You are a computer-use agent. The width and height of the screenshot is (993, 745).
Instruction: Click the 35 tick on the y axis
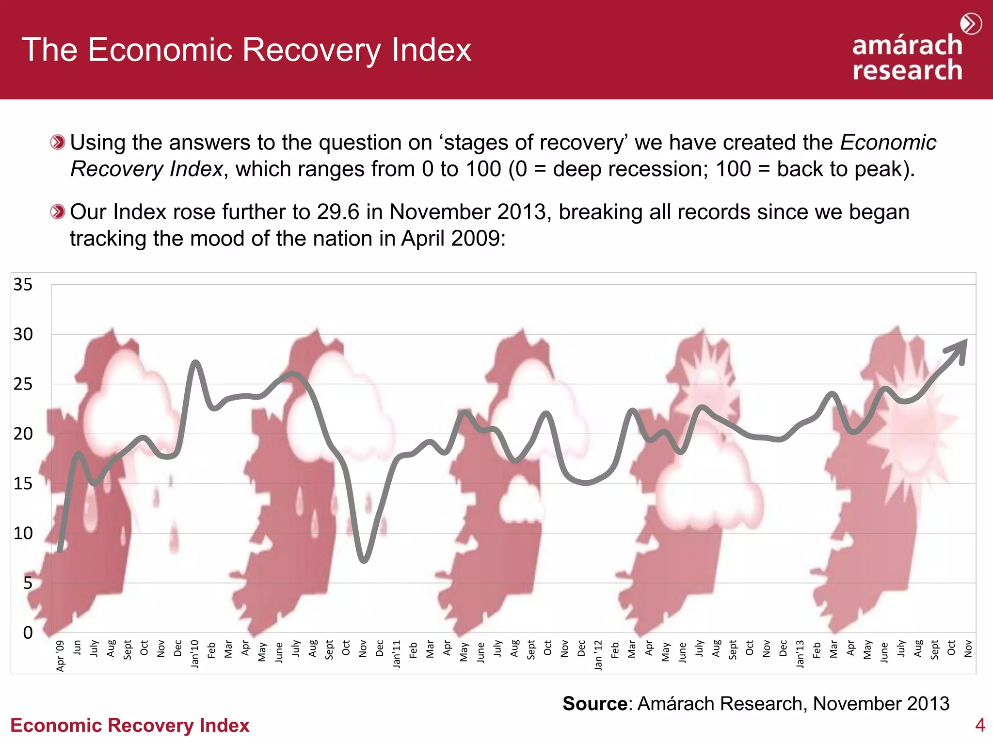pos(23,285)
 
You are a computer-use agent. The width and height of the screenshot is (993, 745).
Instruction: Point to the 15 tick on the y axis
pos(23,484)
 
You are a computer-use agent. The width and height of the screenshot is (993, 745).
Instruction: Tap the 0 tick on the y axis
pos(28,632)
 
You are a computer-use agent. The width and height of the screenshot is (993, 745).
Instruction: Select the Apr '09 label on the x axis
pos(60,656)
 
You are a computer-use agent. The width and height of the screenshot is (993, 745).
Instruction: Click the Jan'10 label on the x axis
pos(195,654)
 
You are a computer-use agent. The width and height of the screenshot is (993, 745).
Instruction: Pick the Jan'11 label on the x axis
pos(397,654)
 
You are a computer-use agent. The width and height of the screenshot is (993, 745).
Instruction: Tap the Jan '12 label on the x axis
pos(598,655)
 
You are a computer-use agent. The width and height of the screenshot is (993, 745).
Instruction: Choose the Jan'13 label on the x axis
pos(800,654)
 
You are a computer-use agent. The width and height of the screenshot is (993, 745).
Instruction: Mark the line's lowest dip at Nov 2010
pos(364,561)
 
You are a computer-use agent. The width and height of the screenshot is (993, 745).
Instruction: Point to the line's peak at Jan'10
pos(195,363)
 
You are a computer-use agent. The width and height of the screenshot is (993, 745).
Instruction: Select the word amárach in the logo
pos(907,45)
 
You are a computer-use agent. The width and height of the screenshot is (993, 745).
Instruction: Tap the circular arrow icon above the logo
pos(971,24)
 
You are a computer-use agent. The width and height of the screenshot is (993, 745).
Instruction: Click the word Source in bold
pos(594,703)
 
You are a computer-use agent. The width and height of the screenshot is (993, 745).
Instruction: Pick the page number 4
pos(980,725)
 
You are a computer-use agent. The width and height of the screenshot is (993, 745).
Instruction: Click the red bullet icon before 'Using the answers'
pos(58,143)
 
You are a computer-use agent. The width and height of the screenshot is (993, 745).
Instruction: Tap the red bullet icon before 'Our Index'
pos(58,212)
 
